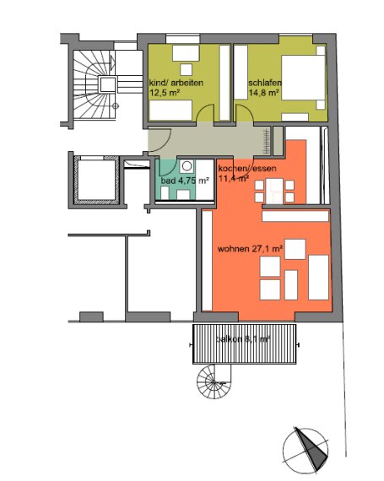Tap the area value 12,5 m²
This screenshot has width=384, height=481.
coord(165,94)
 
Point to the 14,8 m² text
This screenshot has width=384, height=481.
coord(266,94)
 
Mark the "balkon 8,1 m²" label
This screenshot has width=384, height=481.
coord(242,338)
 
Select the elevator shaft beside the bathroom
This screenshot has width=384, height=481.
coord(98,181)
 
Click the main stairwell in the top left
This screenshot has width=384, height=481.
coord(95,84)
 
